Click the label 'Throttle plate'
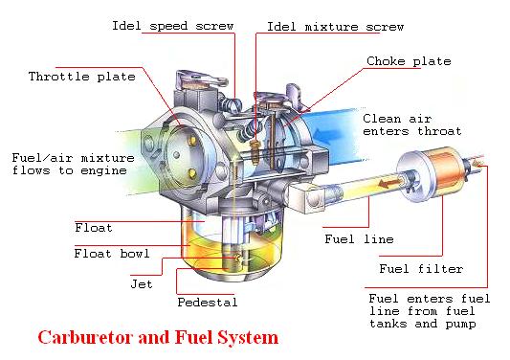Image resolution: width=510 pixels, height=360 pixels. pos(82,77)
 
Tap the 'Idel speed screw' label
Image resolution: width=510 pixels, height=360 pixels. pos(172,26)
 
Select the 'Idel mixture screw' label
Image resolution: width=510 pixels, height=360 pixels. pos(335,27)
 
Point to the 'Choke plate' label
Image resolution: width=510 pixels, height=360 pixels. pos(409,61)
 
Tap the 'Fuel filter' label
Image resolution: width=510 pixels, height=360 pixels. pos(421,269)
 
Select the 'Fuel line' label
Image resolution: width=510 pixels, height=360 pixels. pos(359,239)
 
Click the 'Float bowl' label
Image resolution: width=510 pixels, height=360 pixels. pos(112,253)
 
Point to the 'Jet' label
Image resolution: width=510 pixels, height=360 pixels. pos(142,284)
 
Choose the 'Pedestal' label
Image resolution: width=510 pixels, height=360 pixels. pos(208,303)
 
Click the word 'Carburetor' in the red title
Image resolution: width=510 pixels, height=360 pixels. pos(85,337)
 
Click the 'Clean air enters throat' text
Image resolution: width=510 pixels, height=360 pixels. pos(412,125)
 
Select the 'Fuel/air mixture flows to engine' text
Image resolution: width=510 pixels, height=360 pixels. pos(73,164)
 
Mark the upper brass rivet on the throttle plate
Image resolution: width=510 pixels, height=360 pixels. pos(192,141)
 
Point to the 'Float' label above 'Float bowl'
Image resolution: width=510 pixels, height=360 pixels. pos(94,228)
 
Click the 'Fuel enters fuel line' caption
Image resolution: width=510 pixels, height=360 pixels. pos(430,311)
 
